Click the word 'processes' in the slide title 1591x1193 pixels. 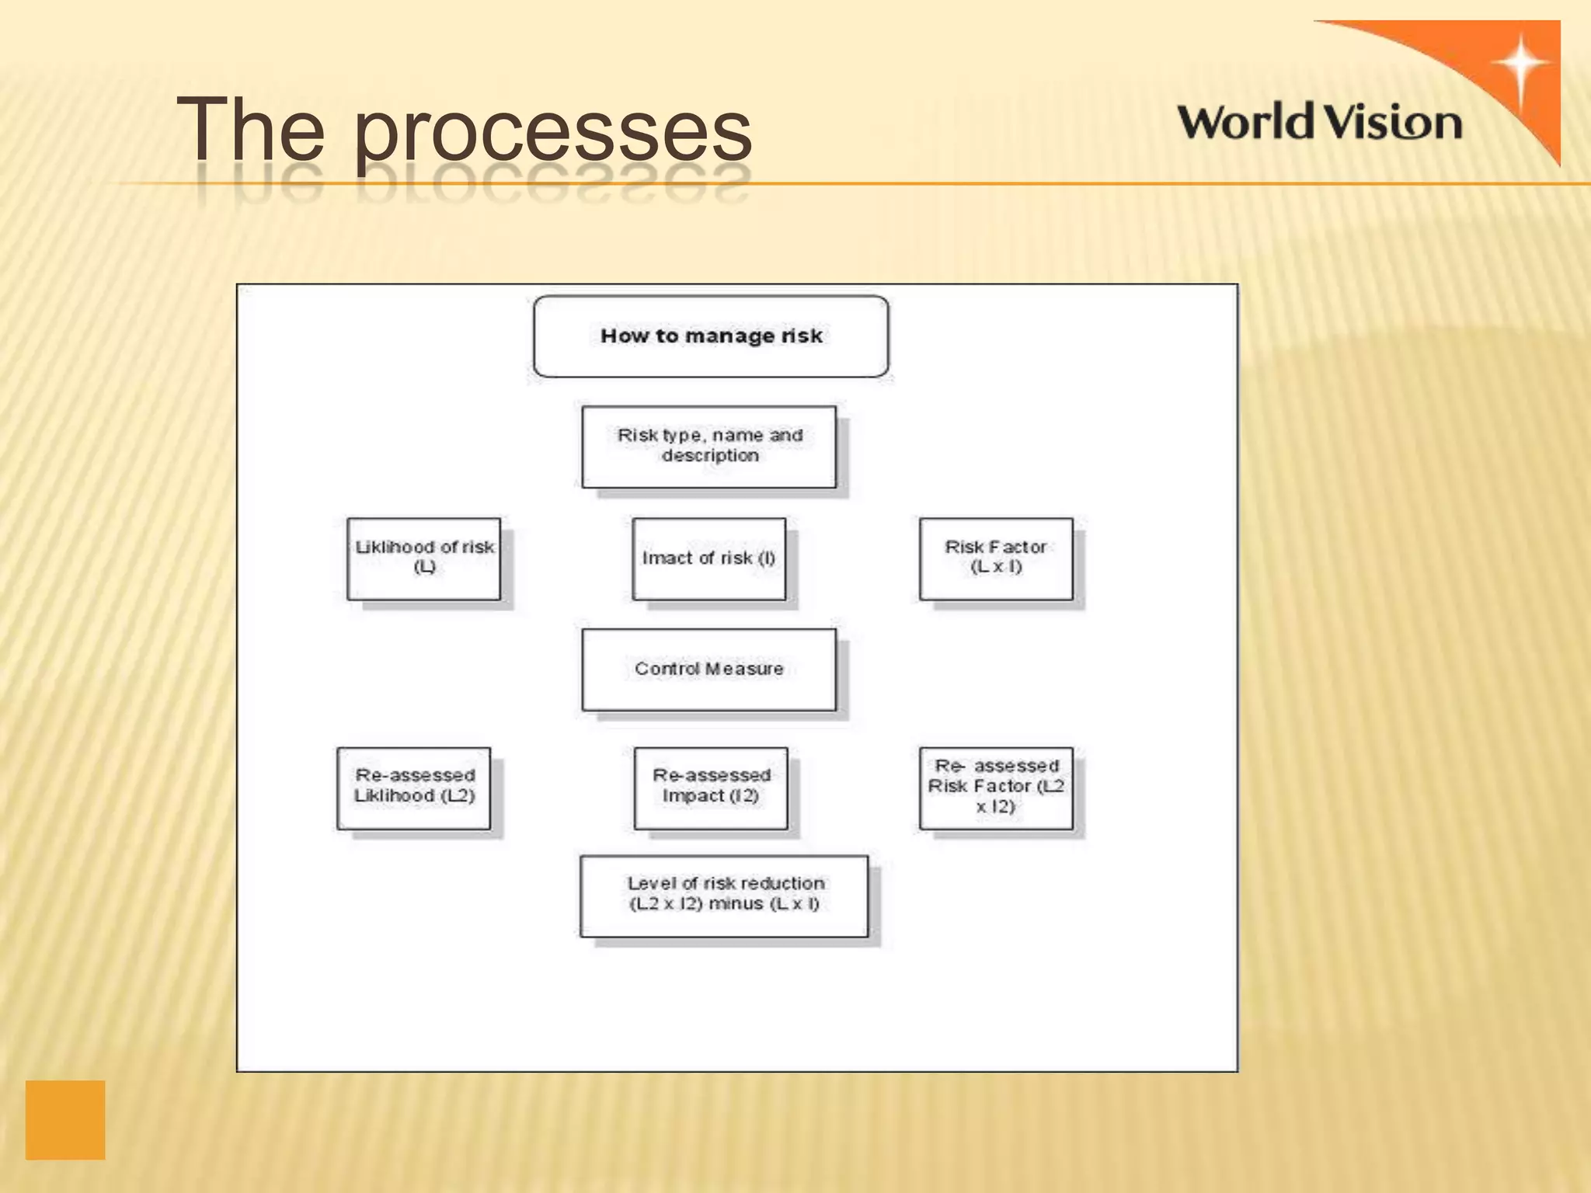(x=553, y=130)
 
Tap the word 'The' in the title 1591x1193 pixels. (x=250, y=128)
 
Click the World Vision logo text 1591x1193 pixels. (x=1319, y=123)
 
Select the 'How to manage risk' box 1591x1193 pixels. (x=711, y=336)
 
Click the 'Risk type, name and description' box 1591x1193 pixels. (x=709, y=447)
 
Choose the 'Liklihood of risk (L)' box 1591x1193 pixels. (x=424, y=558)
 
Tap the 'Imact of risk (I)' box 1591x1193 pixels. (x=708, y=558)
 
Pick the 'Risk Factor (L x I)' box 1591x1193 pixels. (x=996, y=558)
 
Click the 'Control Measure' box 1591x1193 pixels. (x=709, y=670)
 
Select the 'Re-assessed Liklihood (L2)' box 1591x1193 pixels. (x=414, y=788)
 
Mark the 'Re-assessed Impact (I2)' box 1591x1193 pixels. (x=711, y=788)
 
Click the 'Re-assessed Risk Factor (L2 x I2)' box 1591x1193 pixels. (x=996, y=788)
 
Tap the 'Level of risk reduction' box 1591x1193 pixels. (x=724, y=896)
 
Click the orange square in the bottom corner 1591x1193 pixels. (x=65, y=1119)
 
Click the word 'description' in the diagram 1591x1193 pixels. (x=710, y=456)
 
